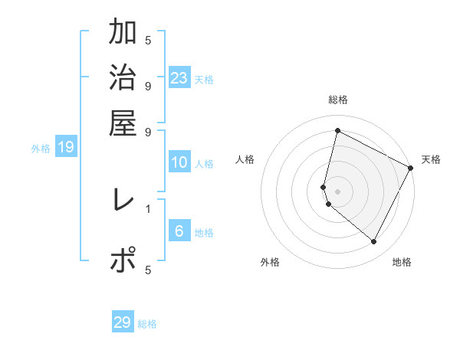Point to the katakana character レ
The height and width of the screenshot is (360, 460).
point(123,201)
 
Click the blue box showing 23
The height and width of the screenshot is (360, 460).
point(179,78)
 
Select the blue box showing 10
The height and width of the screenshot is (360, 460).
point(179,162)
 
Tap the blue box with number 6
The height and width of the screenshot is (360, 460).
point(179,231)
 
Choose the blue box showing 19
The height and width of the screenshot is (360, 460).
point(66,148)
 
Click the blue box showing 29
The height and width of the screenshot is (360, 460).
point(123,322)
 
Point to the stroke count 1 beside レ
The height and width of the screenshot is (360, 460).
point(148,208)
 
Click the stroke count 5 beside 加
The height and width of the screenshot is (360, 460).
point(148,40)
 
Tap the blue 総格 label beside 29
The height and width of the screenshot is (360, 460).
point(147,324)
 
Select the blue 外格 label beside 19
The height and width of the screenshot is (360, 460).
point(41,149)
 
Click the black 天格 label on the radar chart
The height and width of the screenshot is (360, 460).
point(431,159)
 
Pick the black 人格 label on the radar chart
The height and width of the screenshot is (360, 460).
point(245,159)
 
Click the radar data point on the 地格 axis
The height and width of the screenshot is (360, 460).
point(374,242)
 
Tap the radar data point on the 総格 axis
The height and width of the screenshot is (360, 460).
point(337,131)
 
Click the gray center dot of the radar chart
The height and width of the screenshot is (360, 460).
point(337,191)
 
